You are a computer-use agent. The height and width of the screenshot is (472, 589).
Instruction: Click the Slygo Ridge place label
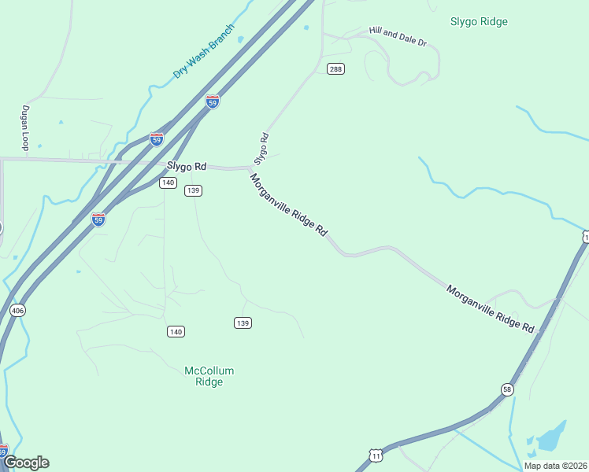[x=479, y=21]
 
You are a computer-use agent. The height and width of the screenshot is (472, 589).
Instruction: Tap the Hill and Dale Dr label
[x=398, y=36]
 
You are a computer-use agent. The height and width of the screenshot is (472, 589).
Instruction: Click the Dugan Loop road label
[x=25, y=128]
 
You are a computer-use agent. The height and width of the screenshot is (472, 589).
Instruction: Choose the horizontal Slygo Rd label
[x=186, y=167]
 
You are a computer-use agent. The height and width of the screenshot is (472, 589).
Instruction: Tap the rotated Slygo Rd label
[x=261, y=148]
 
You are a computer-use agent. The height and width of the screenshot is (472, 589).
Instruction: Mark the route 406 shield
[x=17, y=311]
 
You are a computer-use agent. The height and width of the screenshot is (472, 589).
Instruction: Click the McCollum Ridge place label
[x=209, y=376]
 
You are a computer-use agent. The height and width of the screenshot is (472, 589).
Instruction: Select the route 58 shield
[x=506, y=389]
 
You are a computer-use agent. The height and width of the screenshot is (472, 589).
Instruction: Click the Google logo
[x=26, y=462]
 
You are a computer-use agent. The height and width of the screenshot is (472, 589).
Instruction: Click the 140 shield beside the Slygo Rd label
[x=167, y=183]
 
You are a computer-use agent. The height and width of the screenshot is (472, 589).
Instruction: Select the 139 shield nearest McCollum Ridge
[x=243, y=323]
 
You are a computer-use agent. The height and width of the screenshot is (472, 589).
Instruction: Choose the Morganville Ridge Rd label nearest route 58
[x=491, y=308]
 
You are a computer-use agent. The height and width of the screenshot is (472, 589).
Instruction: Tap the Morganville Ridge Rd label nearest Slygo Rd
[x=288, y=205]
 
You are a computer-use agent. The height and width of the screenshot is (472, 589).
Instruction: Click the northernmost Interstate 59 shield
[x=212, y=101]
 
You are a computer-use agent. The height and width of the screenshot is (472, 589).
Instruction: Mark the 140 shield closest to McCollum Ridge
[x=176, y=332]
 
